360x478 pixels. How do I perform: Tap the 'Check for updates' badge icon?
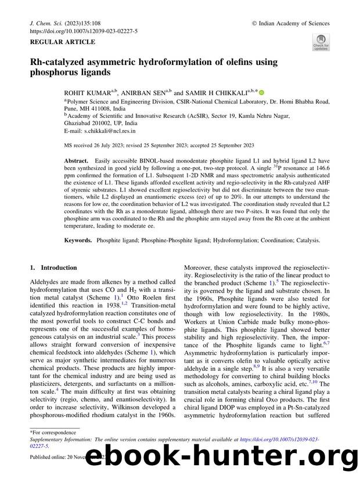click(321, 42)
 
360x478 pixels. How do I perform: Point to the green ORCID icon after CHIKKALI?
click(261, 92)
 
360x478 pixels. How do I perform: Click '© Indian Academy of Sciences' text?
click(290, 24)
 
